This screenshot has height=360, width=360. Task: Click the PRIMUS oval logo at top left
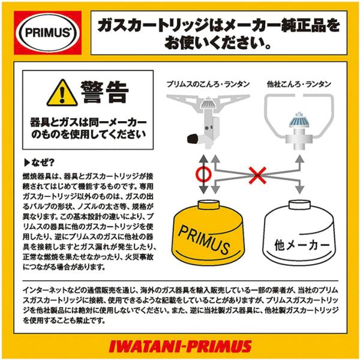48,32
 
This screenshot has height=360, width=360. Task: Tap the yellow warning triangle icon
62,93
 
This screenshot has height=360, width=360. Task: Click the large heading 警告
104,92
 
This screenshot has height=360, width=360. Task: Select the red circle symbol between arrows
203,174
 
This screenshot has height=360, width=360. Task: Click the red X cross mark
257,175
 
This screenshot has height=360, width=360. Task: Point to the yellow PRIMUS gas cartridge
208,233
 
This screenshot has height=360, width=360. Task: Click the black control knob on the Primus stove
193,139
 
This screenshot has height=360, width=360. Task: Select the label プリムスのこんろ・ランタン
208,84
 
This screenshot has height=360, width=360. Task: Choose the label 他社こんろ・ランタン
299,84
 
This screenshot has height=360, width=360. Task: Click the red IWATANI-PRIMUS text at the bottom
180,346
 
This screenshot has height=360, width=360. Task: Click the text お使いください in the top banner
218,43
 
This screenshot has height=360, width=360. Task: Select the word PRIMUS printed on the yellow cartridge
204,239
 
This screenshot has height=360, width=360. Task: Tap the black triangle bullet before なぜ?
27,163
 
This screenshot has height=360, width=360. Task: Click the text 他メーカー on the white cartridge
302,245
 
